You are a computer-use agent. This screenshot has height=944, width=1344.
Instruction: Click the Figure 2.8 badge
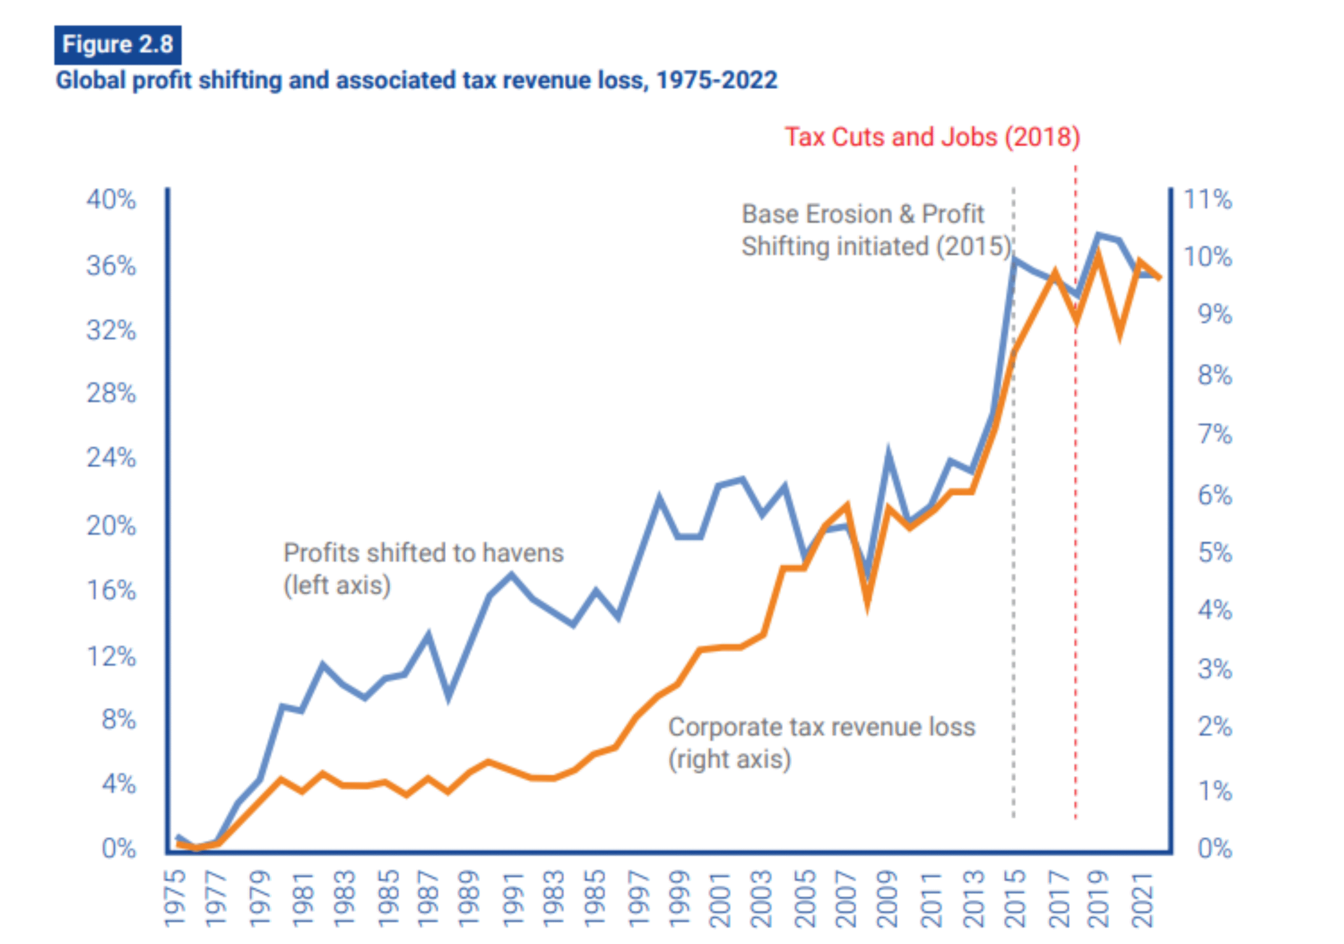click(118, 45)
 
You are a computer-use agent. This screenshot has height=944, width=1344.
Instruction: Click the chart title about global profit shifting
click(416, 80)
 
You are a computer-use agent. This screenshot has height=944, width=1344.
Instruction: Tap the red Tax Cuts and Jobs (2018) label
click(932, 137)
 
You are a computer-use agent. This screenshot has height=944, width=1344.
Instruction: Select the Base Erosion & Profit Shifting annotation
click(876, 230)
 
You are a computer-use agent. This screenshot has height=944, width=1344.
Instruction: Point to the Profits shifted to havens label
click(423, 568)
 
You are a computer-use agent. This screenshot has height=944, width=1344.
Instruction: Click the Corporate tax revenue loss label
click(821, 743)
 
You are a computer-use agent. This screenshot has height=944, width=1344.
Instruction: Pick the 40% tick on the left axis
click(111, 200)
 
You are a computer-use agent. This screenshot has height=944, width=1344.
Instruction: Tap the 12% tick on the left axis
click(111, 657)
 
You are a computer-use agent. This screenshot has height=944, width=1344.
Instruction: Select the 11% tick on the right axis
click(1207, 200)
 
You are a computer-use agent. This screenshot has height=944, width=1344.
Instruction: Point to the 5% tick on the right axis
click(1215, 552)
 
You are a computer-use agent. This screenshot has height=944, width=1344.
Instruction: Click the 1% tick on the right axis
click(1215, 791)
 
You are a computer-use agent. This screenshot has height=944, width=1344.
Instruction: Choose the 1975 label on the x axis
click(175, 898)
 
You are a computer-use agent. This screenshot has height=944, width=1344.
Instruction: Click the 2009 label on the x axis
click(888, 898)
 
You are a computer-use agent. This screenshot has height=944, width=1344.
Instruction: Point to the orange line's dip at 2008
click(867, 603)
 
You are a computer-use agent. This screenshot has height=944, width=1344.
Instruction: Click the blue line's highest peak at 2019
click(1098, 235)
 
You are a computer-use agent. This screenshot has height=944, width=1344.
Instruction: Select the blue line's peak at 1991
click(511, 575)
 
